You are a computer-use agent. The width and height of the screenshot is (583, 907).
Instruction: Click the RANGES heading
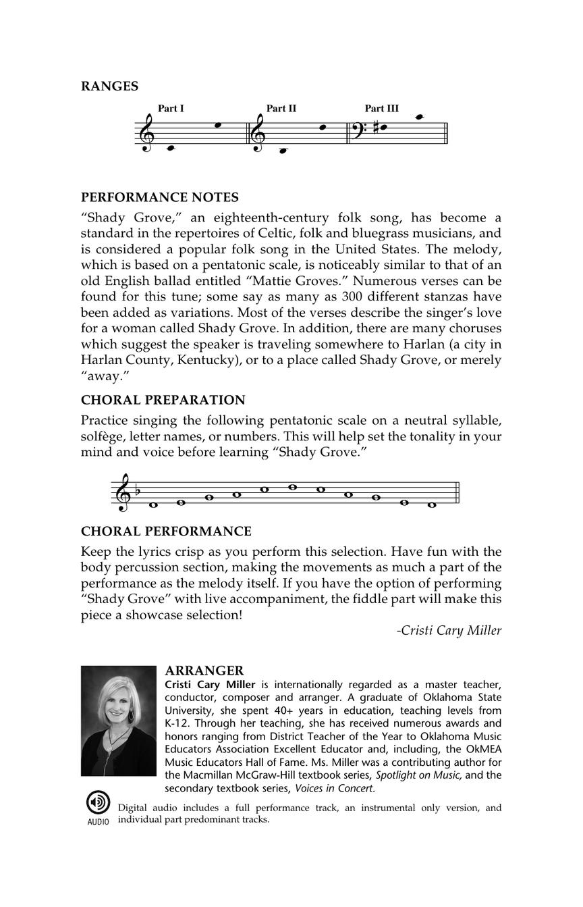point(109,86)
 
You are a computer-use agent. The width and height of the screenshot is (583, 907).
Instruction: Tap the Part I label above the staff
point(171,108)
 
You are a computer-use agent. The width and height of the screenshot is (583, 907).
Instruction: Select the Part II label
point(281,108)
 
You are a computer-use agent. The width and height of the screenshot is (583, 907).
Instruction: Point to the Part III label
point(382,108)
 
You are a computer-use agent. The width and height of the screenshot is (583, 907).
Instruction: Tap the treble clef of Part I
point(148,132)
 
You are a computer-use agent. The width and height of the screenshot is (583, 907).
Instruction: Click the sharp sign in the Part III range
point(376,126)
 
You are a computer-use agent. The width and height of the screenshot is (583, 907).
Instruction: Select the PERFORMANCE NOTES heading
point(160,197)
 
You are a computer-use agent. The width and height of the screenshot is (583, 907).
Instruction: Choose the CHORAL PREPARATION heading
point(163,400)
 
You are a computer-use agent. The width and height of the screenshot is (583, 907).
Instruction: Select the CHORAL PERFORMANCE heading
point(166,532)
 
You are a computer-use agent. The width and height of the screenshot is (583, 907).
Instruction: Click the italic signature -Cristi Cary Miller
point(449,630)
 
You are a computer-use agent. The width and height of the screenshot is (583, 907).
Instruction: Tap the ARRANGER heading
point(204,670)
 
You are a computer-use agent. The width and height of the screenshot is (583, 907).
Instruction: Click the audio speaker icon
point(98,802)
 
